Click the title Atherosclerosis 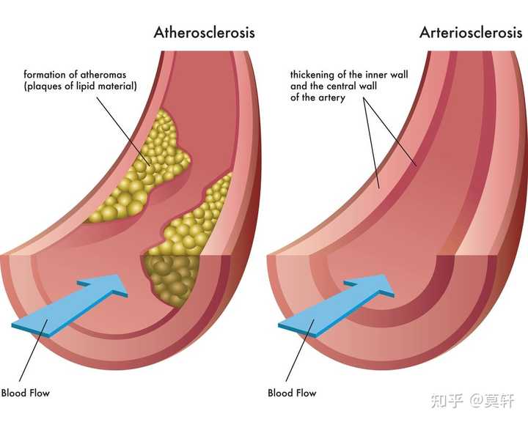coord(203,32)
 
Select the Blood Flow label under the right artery coord(292,393)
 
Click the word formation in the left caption coord(45,75)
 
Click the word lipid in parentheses coord(83,86)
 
